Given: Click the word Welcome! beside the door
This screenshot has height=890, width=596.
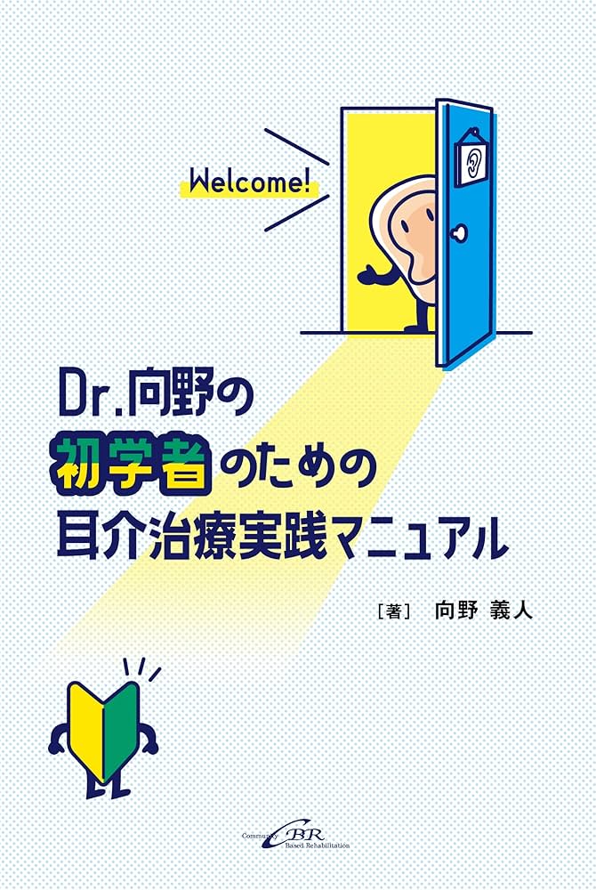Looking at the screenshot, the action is click(x=246, y=187).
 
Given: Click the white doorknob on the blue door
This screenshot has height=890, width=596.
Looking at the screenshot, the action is click(x=459, y=233).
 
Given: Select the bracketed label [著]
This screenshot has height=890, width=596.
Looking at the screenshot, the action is click(x=393, y=611).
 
